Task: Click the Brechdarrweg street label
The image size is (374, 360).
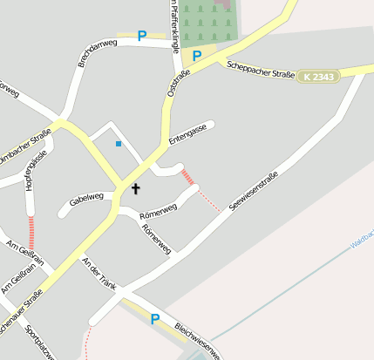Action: [97, 52]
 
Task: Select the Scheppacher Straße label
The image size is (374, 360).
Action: [261, 71]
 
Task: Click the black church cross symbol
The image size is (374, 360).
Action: [135, 188]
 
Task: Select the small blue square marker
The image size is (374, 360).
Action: [119, 143]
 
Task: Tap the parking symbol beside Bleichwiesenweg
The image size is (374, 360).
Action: [155, 319]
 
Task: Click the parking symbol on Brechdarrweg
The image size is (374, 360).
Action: [141, 36]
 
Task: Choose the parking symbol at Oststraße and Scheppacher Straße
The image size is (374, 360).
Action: [197, 56]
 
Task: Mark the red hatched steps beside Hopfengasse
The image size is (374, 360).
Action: [31, 234]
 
